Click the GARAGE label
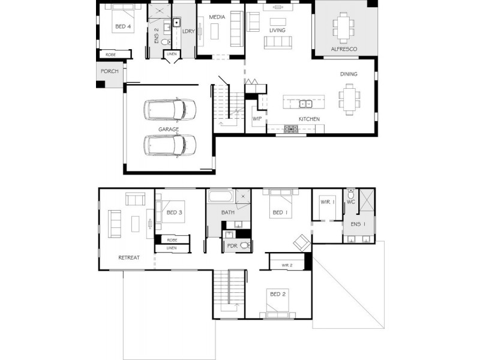pos(169,130)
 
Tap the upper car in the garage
pos(170,110)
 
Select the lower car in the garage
pos(170,145)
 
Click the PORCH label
pos(109,71)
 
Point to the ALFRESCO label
pos(344,49)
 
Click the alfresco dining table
pos(343,28)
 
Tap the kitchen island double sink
pos(305,104)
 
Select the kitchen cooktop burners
pos(290,129)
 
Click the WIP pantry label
pos(257,119)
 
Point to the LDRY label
pos(188,31)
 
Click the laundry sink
pos(176,23)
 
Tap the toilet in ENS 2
pos(166,41)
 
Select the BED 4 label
pos(123,26)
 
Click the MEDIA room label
pos(217,17)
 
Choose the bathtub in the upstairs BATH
pos(221,197)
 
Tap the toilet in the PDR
pos(245,245)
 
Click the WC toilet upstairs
pos(351,193)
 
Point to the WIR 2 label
pos(287,265)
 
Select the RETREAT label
pos(129,258)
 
